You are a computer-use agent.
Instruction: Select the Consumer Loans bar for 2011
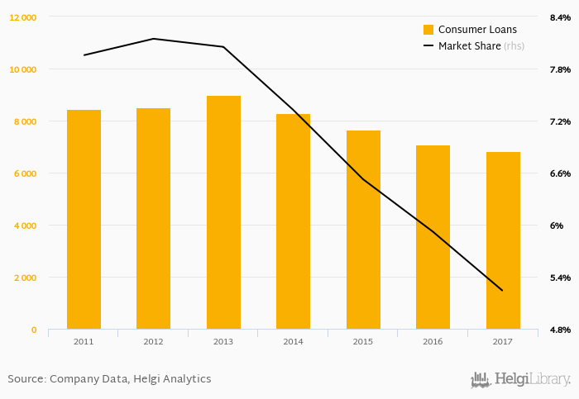pos(84,219)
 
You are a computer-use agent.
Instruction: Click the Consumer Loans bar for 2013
pos(223,212)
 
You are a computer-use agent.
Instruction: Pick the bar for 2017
pos(503,240)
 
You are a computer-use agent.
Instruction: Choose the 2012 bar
pos(153,218)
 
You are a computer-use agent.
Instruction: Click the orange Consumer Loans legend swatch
pos(428,30)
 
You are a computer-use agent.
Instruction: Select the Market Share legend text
pos(469,46)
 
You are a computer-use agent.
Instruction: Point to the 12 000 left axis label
pos(22,17)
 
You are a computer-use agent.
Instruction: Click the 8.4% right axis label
pos(560,17)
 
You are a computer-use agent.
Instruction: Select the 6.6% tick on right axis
pos(560,173)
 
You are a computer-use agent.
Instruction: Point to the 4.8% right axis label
pos(560,330)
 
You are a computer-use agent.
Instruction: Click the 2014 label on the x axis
pos(293,341)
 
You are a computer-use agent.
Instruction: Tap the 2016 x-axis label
pos(433,341)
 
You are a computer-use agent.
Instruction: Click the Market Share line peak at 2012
pos(153,39)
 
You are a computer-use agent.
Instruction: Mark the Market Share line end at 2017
pos(502,290)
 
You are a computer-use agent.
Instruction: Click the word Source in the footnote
pos(26,379)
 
